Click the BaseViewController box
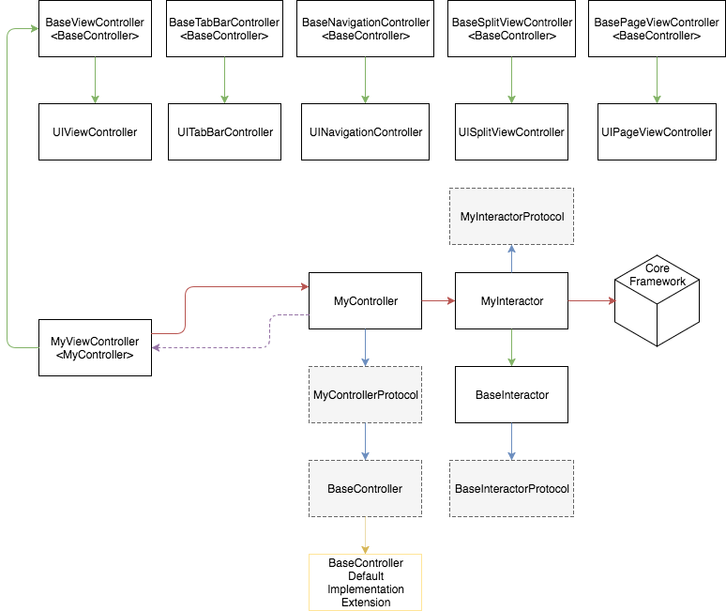coord(94,28)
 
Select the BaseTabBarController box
coord(224,28)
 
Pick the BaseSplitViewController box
coord(511,28)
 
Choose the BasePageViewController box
coord(657,28)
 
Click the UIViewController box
coord(94,131)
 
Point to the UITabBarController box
coord(225,131)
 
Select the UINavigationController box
coord(366,131)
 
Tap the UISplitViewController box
coord(511,131)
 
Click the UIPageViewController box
coord(657,131)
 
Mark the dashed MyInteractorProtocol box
coord(511,217)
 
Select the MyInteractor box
coord(511,301)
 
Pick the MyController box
coord(366,301)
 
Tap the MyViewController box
coord(94,347)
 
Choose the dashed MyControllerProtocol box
coord(366,394)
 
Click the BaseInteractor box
coord(511,395)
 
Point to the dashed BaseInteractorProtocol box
coord(511,488)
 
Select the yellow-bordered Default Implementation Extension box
coord(366,582)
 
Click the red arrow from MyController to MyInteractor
coord(437,301)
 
